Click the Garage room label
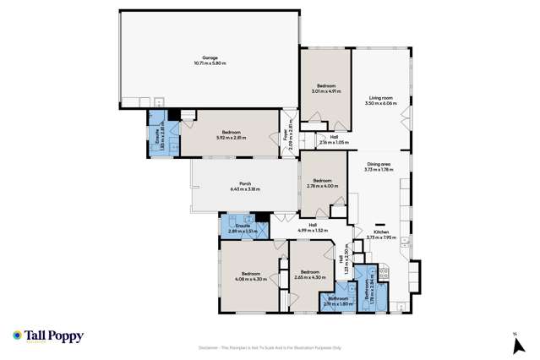[209, 61]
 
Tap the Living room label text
[379, 101]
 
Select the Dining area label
[379, 167]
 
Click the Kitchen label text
[380, 234]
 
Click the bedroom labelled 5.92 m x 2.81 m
[232, 134]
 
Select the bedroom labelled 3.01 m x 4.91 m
[326, 89]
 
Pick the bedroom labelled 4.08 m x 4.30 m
[251, 275]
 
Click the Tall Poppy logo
[48, 336]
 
